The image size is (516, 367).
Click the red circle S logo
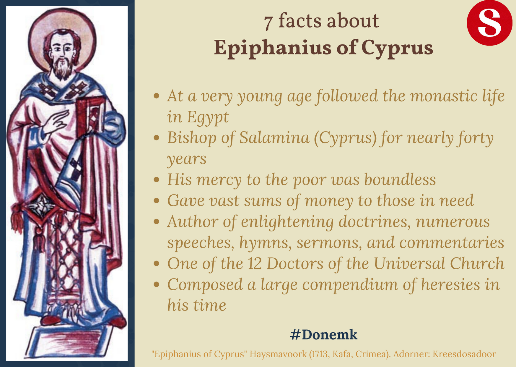pos(489,23)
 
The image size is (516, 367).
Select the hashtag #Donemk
pos(324,335)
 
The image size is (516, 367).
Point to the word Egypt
pos(208,117)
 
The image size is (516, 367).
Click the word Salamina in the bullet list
pos(274,138)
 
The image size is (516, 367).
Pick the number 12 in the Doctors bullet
pos(255,264)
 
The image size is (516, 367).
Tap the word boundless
pos(400,180)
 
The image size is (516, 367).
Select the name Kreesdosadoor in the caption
pos(464,354)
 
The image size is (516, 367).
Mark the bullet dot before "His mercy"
pos(157,180)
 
